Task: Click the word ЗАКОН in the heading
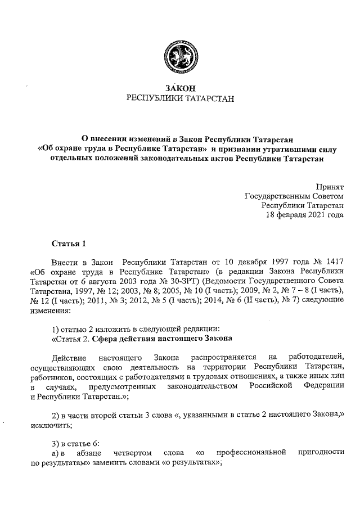[179, 88]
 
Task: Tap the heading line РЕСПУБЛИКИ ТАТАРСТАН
[179, 98]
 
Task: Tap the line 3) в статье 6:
[75, 444]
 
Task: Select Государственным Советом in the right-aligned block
[294, 196]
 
